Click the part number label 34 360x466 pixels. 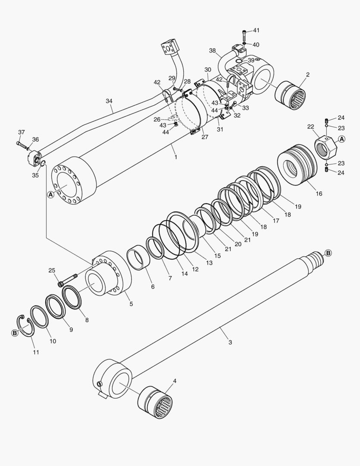[109, 101]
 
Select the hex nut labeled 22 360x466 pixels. [326, 148]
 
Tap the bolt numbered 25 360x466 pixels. [68, 279]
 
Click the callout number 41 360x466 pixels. [256, 31]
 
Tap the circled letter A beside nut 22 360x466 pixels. [341, 139]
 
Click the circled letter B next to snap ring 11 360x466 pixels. [15, 333]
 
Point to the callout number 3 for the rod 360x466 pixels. [230, 342]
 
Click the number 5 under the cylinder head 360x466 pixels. [131, 304]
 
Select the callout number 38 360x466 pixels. [212, 50]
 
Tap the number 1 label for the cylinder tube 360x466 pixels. [175, 157]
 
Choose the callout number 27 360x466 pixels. [204, 137]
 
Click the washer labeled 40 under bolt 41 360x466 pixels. [244, 43]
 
